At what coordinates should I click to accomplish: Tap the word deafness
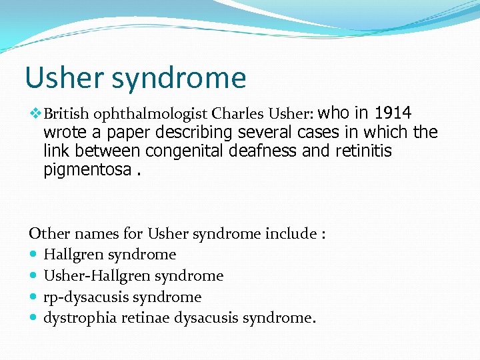tap(263, 151)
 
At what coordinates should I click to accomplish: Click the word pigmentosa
tap(87, 170)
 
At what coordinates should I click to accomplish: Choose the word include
tap(290, 233)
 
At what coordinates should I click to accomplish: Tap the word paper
tap(118, 132)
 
